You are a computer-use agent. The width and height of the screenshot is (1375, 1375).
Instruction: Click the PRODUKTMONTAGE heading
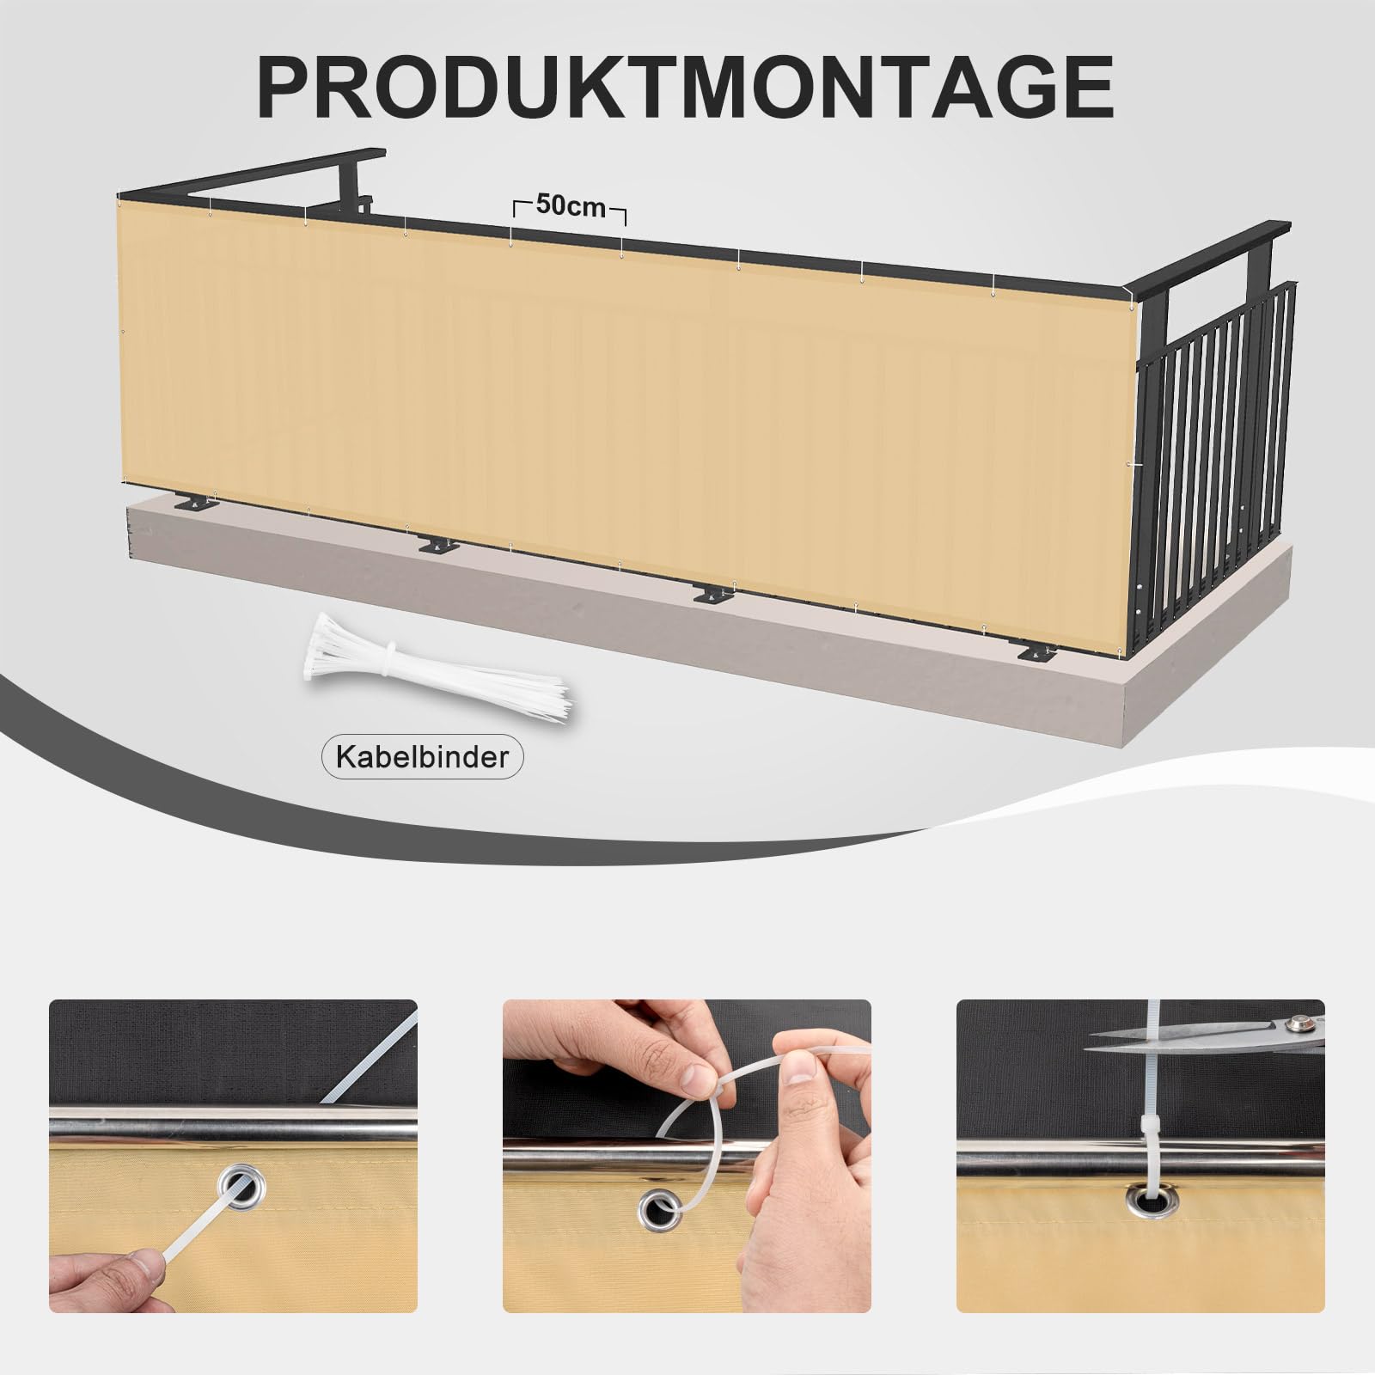tap(686, 89)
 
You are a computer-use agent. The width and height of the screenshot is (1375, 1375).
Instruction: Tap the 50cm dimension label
tap(571, 206)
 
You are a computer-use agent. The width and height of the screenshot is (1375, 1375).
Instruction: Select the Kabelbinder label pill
tap(421, 756)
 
